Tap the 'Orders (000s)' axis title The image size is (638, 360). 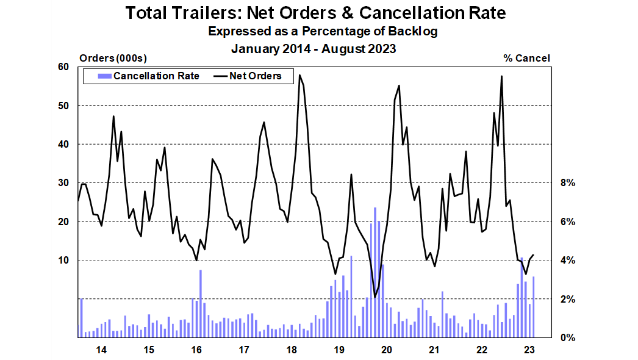coord(113,58)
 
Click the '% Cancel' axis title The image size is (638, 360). coord(526,58)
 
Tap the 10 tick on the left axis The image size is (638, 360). coord(64,260)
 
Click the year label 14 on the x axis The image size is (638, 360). coord(101,350)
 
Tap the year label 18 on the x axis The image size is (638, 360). coord(291,350)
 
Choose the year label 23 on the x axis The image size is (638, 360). coord(529,350)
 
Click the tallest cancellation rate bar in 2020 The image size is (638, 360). coord(375,272)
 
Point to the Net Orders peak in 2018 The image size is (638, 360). coord(299,76)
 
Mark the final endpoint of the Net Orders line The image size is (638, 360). coord(534,255)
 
